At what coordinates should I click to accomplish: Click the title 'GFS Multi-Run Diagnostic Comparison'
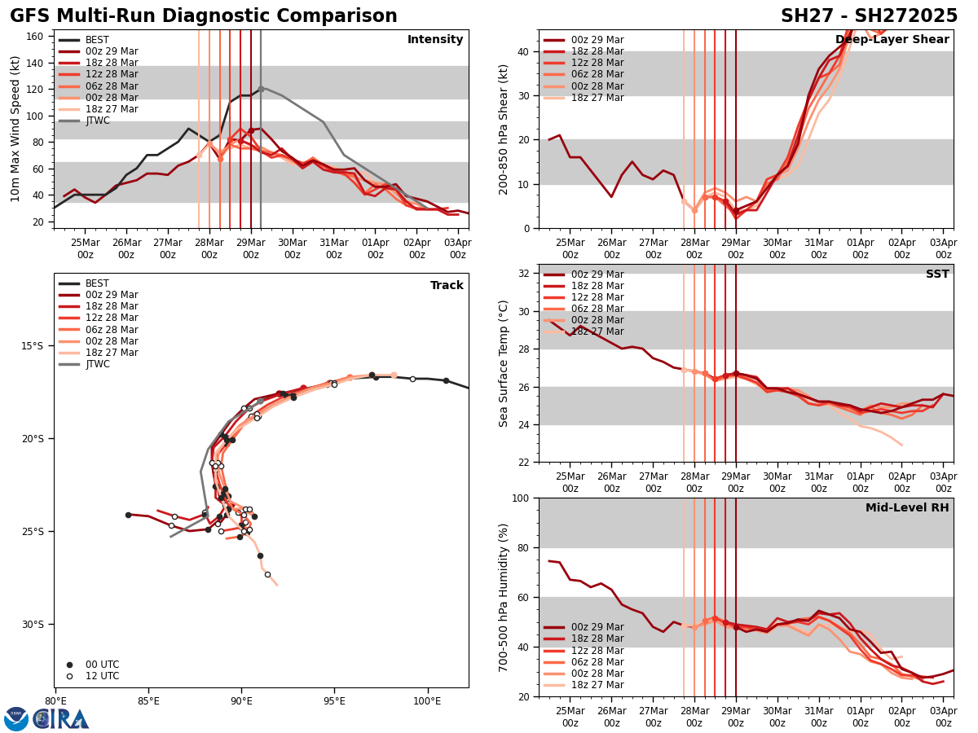pyautogui.click(x=204, y=16)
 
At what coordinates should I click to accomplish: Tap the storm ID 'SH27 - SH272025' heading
pyautogui.click(x=869, y=16)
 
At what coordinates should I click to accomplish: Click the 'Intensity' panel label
pyautogui.click(x=435, y=40)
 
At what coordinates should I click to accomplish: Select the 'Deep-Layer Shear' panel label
pyautogui.click(x=892, y=40)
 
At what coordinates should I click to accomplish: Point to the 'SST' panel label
pyautogui.click(x=937, y=274)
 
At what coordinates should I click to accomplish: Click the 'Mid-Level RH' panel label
pyautogui.click(x=907, y=508)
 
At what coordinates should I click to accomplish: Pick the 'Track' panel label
pyautogui.click(x=447, y=286)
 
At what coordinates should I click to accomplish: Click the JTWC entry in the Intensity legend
pyautogui.click(x=97, y=121)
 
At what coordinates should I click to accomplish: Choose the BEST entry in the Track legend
pyautogui.click(x=97, y=283)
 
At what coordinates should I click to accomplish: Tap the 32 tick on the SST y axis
pyautogui.click(x=525, y=274)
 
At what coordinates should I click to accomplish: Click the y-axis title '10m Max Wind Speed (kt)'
pyautogui.click(x=15, y=129)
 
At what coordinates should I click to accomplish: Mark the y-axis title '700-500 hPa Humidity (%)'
pyautogui.click(x=504, y=597)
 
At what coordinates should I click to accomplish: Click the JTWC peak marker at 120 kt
pyautogui.click(x=261, y=89)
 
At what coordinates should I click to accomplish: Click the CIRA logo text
pyautogui.click(x=61, y=719)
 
